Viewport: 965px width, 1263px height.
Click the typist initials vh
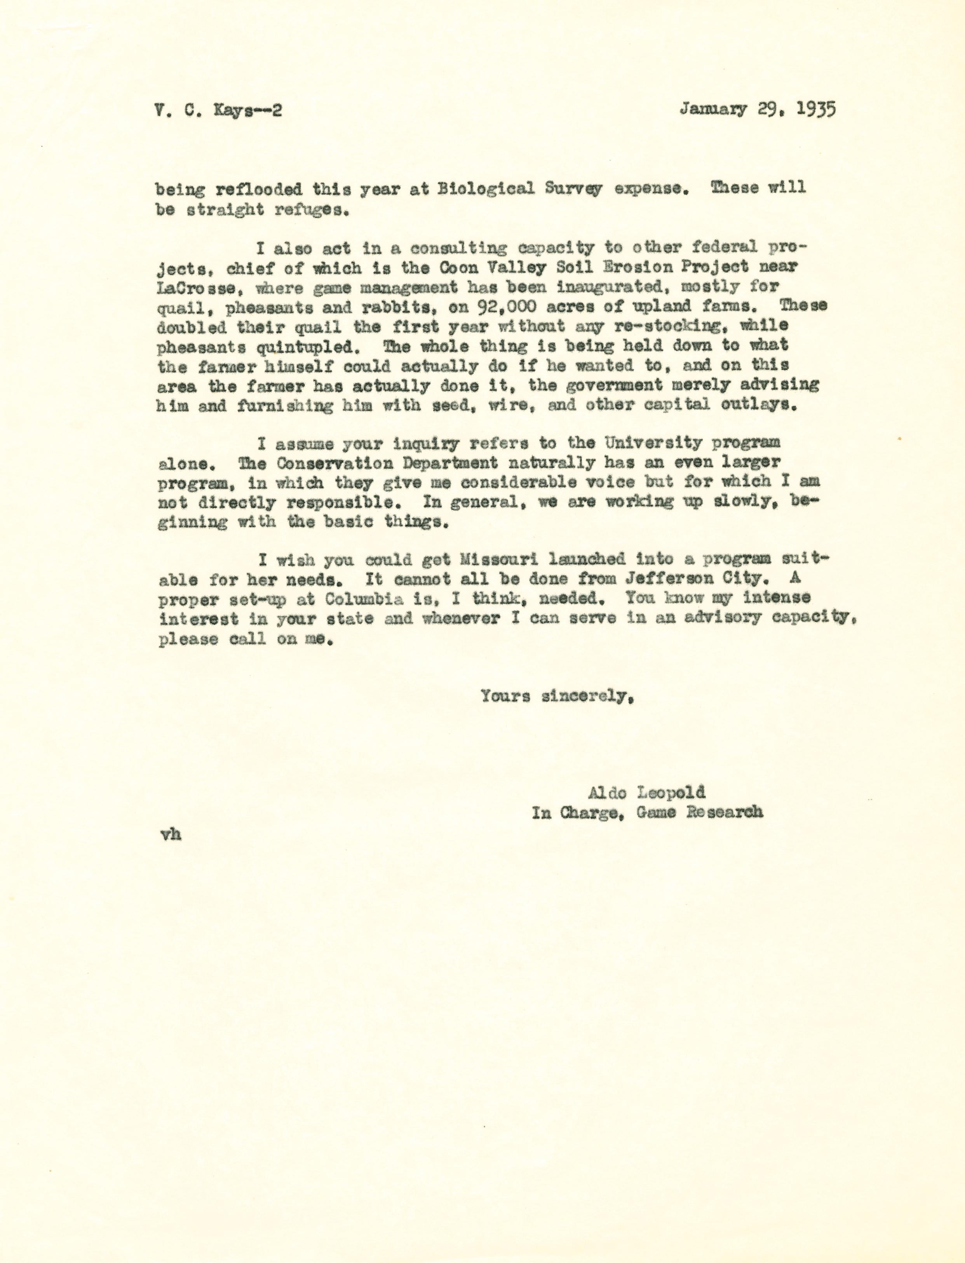pos(171,834)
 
